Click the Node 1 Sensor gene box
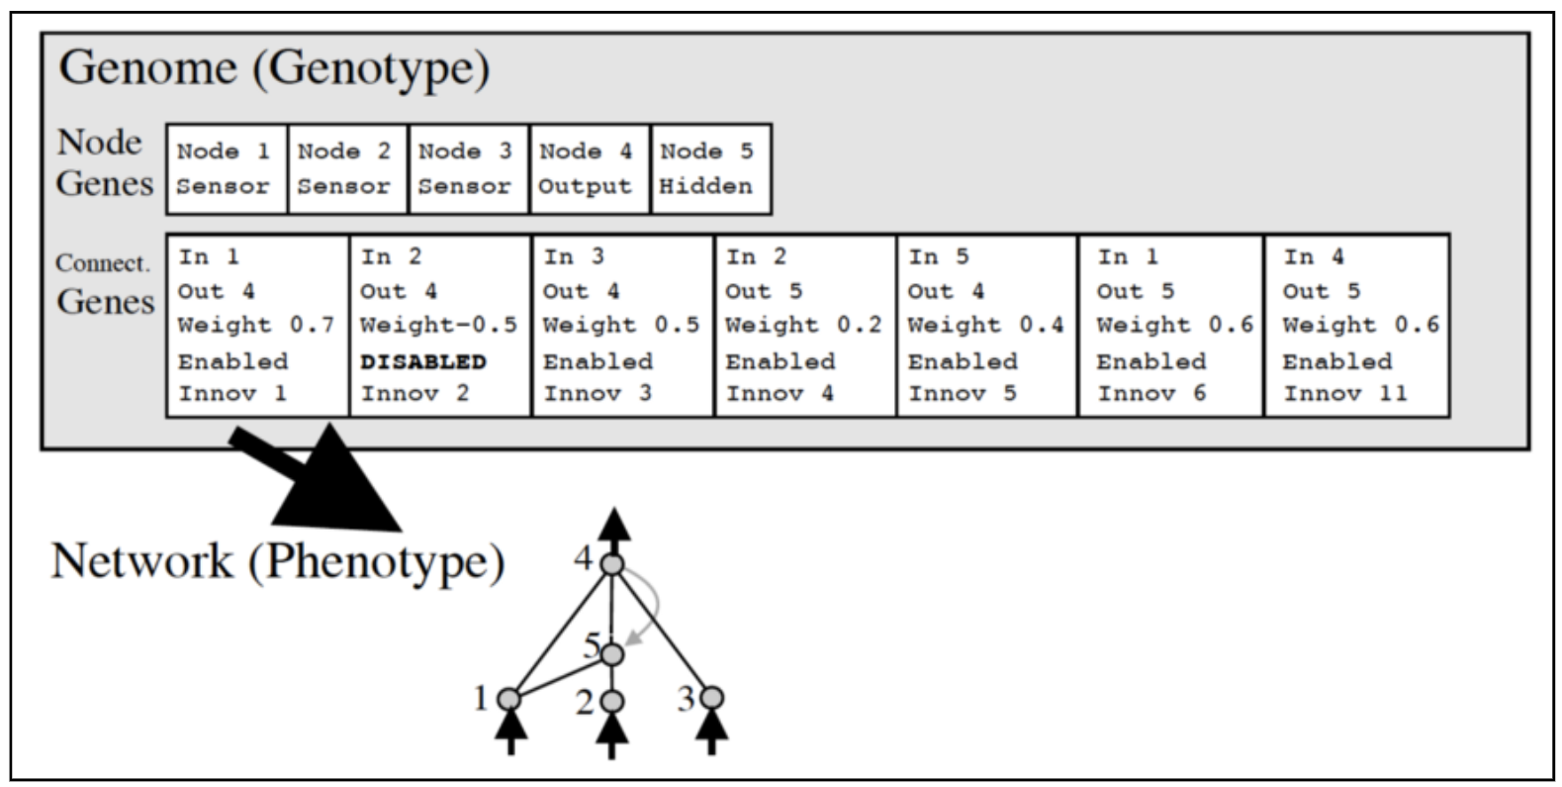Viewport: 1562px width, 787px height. coord(227,168)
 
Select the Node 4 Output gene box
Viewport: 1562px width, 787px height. coord(590,168)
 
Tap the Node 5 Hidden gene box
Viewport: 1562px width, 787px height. coord(710,168)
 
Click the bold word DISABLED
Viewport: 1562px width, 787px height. coord(423,361)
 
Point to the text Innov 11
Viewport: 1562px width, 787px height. coord(1344,394)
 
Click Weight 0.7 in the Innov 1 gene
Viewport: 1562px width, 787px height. coord(256,326)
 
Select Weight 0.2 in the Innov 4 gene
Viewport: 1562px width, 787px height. coord(803,326)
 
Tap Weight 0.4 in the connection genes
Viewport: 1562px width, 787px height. coord(985,326)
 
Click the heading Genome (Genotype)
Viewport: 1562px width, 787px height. coord(274,68)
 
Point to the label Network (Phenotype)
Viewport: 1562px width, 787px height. coord(278,561)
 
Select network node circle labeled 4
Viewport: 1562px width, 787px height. coord(612,565)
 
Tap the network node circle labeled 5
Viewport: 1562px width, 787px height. coord(612,654)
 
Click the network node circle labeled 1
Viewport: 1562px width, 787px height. coord(509,699)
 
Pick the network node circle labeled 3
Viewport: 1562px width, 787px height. coord(712,699)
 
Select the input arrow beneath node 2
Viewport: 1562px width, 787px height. coord(612,735)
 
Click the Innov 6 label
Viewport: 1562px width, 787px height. coord(1151,394)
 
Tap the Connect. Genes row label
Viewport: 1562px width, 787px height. coord(104,284)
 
